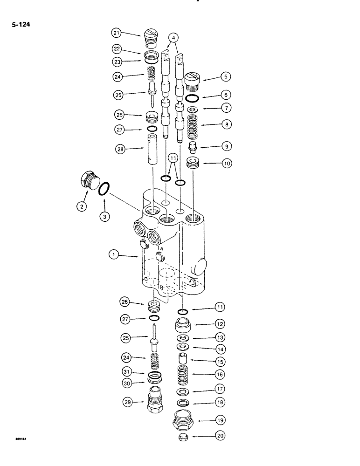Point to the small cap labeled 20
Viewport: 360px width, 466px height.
184,437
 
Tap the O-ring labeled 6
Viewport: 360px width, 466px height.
191,98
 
